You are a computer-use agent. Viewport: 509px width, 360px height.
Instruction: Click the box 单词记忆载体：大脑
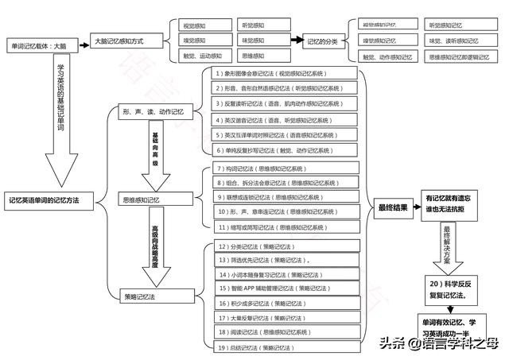pyautogui.click(x=43, y=45)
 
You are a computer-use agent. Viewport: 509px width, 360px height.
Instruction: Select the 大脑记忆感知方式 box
pyautogui.click(x=126, y=40)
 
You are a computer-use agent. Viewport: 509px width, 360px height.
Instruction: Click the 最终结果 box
pyautogui.click(x=393, y=208)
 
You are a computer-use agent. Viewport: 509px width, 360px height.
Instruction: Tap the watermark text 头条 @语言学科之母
pyautogui.click(x=438, y=343)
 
